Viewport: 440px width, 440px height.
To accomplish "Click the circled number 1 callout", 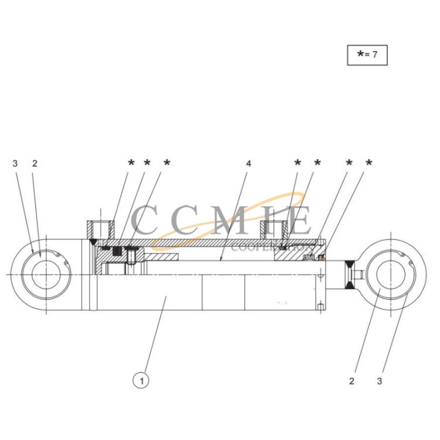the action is tap(141, 381).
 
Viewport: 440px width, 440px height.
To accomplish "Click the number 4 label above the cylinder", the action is tap(249, 163).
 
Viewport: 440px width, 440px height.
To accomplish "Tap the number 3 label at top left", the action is tap(15, 163).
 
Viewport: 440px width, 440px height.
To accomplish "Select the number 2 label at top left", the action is tap(35, 163).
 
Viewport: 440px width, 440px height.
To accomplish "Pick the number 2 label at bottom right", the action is tap(352, 381).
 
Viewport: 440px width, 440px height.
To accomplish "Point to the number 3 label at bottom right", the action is tap(380, 381).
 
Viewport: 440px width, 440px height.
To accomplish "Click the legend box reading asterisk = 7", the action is tap(367, 55).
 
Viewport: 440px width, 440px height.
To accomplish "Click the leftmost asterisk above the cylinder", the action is tap(131, 163).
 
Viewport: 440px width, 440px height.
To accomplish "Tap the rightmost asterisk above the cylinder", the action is tap(369, 163).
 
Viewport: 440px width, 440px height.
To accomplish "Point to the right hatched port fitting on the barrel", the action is tap(274, 230).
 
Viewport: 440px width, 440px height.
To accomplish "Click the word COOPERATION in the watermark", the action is tap(272, 248).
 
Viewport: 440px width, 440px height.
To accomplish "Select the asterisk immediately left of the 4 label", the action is tap(167, 163).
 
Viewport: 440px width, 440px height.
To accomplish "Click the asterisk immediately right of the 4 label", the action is tap(297, 163).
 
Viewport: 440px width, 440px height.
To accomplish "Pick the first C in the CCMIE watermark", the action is tap(144, 220).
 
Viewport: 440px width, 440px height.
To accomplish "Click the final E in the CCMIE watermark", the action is tap(301, 220).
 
